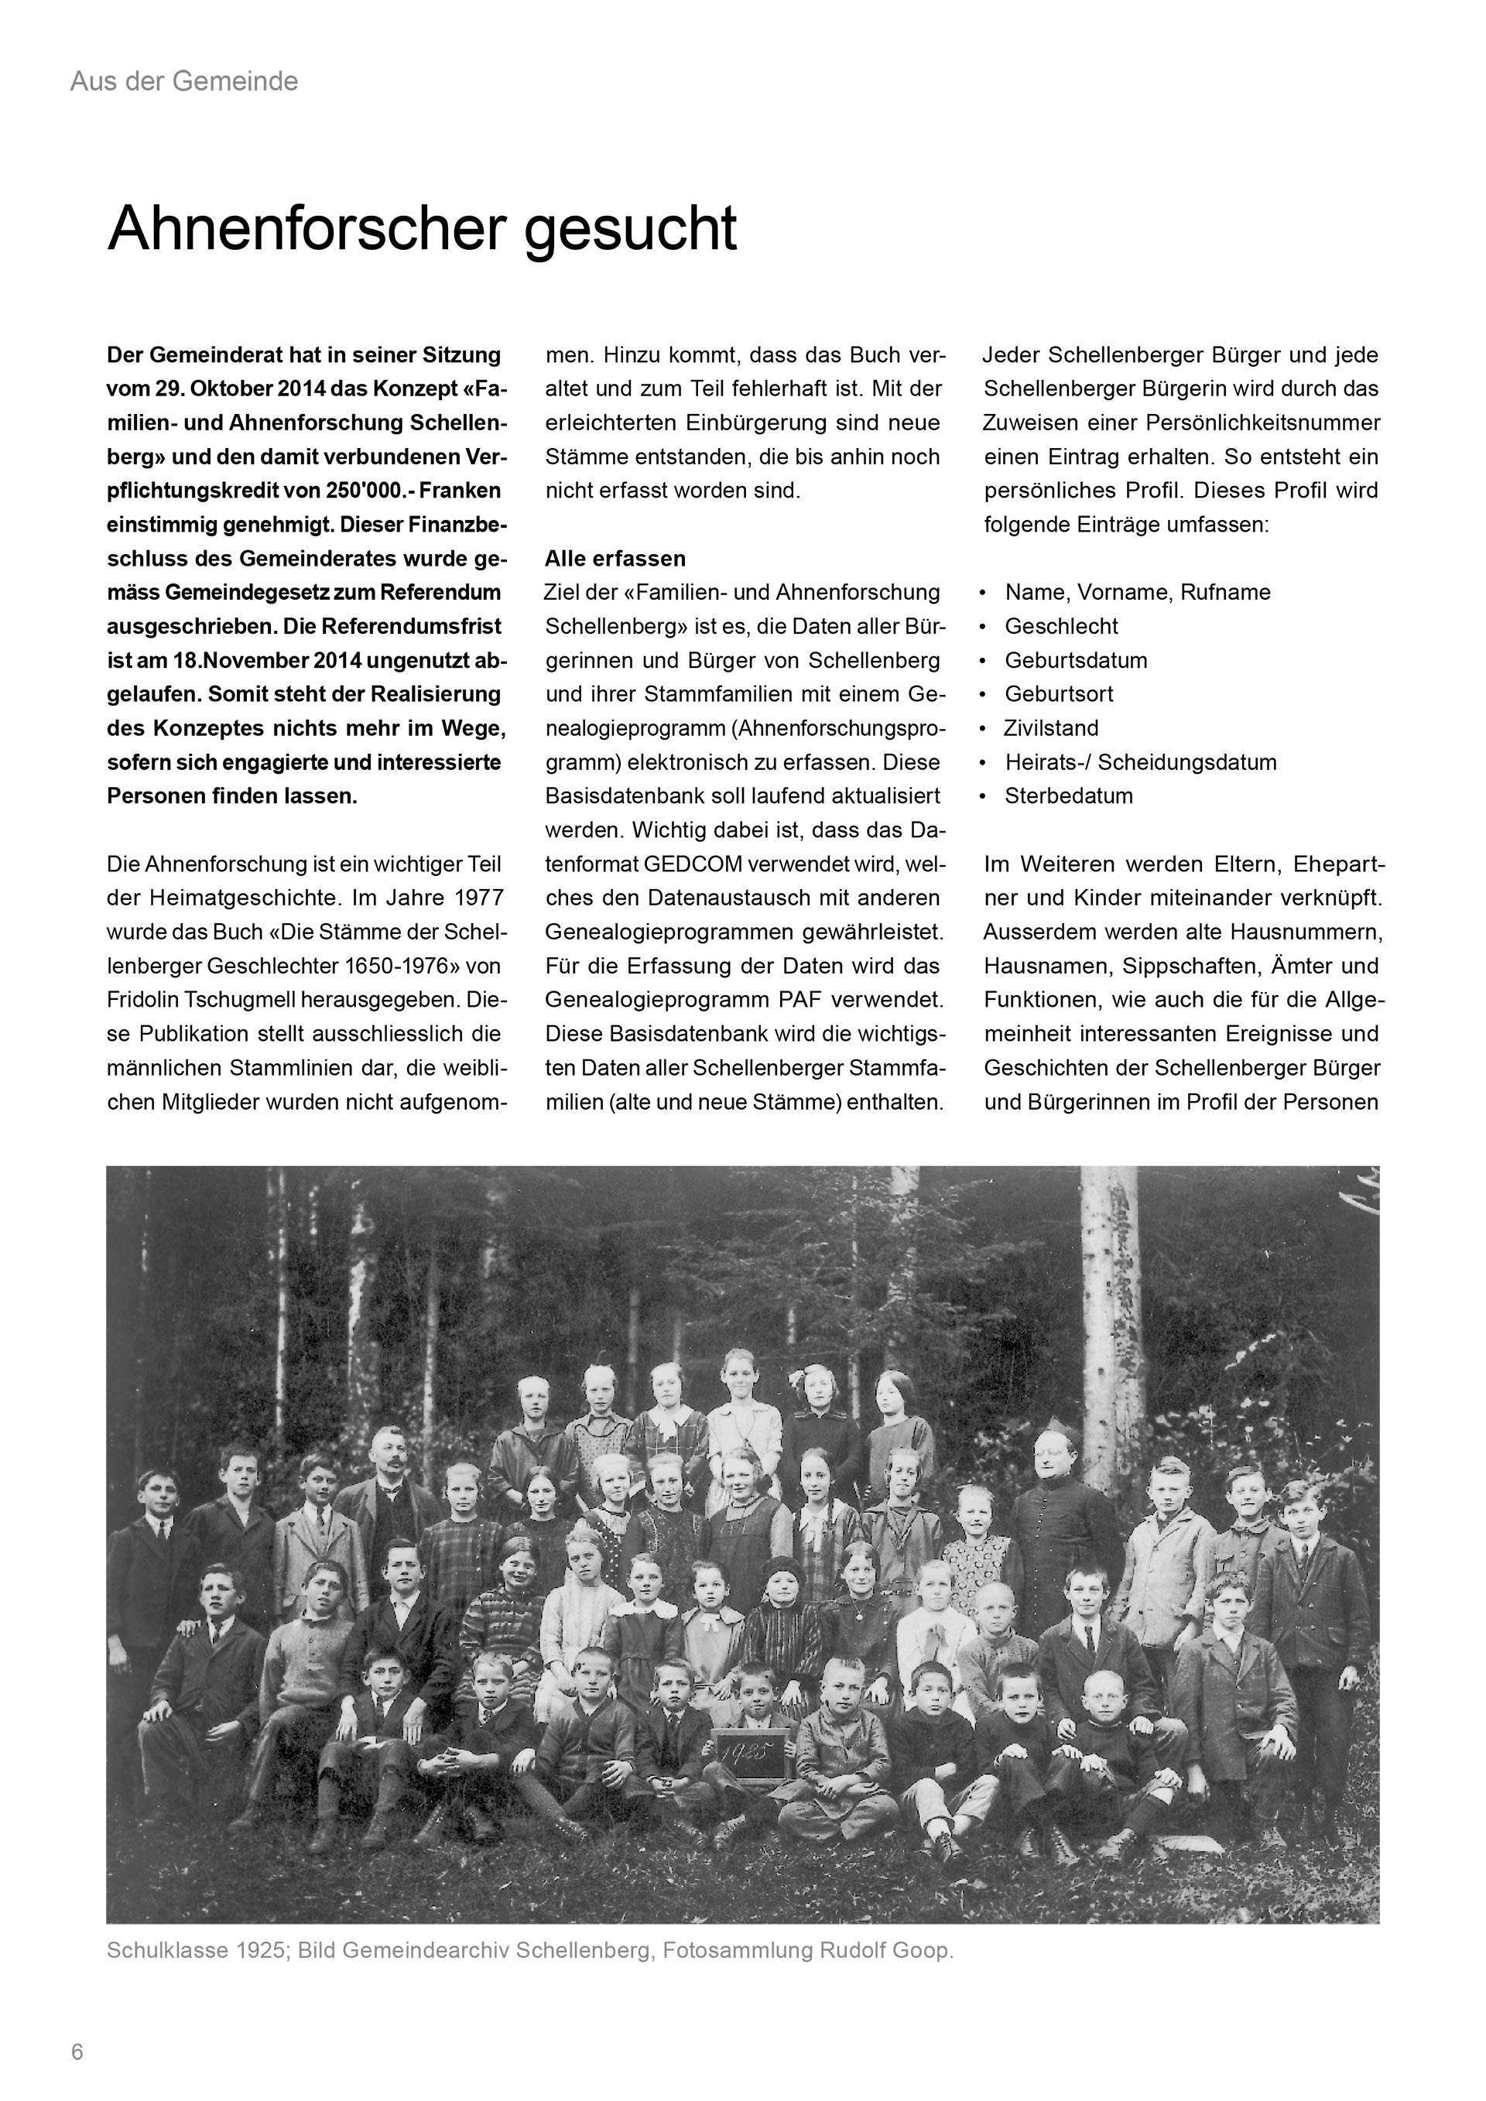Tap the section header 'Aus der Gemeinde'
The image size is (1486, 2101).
pyautogui.click(x=184, y=81)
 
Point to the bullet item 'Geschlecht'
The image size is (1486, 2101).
pyautogui.click(x=1060, y=626)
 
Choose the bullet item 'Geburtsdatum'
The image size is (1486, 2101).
pyautogui.click(x=1075, y=660)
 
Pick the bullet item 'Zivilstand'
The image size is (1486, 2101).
pyautogui.click(x=1050, y=728)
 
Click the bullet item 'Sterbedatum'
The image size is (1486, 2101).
pyautogui.click(x=1068, y=796)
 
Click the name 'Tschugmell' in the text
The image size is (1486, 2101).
pyautogui.click(x=214, y=1000)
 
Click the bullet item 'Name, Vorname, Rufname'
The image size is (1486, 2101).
pyautogui.click(x=1138, y=592)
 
